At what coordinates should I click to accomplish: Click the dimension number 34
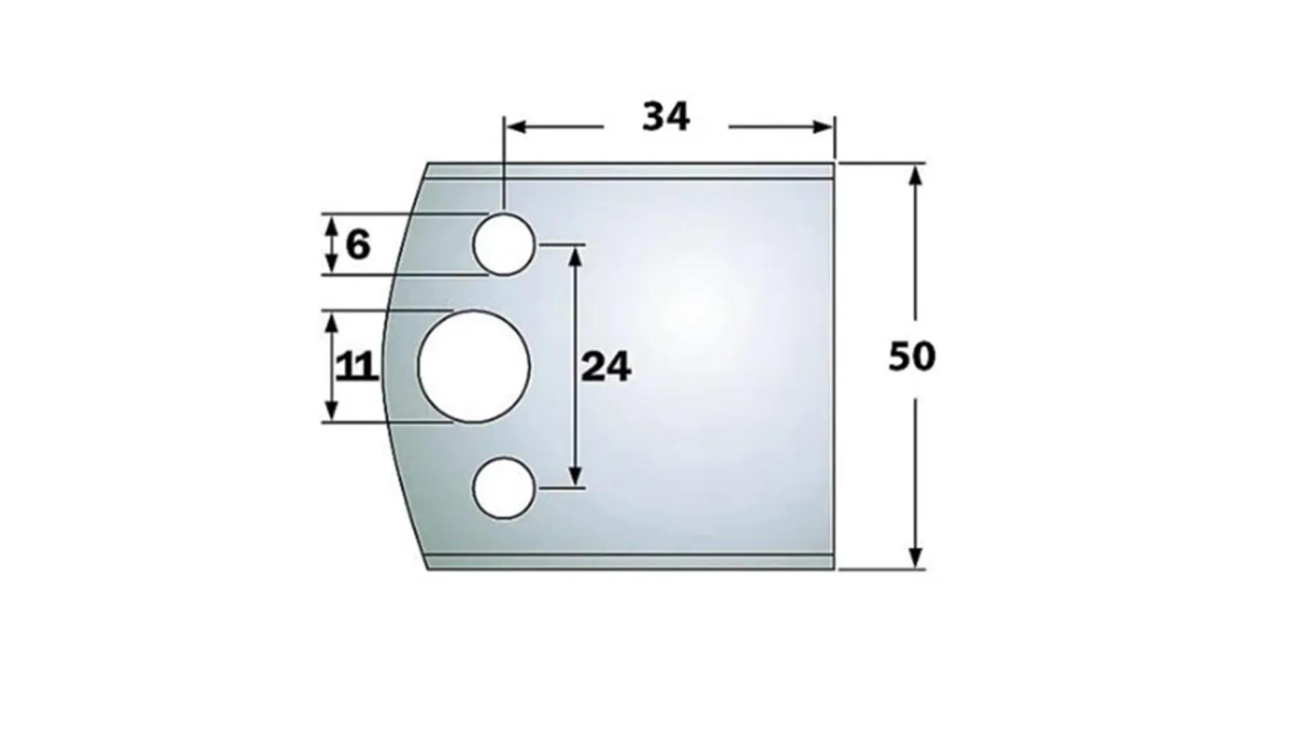[x=666, y=118]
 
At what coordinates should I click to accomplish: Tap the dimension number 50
[x=912, y=357]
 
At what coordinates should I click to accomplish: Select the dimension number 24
[x=606, y=367]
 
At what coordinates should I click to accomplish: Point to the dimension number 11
[x=357, y=367]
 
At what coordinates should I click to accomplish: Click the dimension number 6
[x=357, y=246]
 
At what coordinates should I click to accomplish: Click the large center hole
[x=473, y=366]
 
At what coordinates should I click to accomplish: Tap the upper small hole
[x=503, y=245]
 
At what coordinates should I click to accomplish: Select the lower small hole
[x=503, y=488]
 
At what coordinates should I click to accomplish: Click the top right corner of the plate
[x=834, y=163]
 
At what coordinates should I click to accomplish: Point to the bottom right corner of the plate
[x=834, y=569]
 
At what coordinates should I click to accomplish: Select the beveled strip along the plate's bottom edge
[x=628, y=562]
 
